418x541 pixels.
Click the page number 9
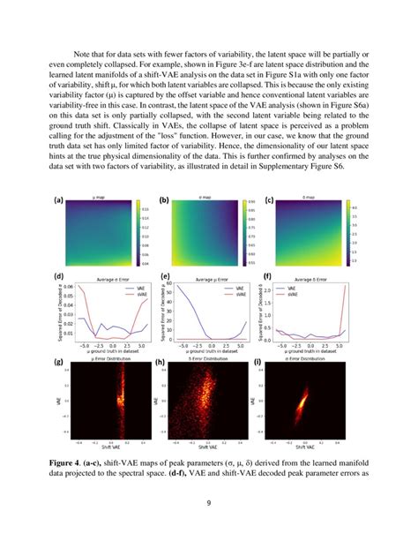pos(208,505)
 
